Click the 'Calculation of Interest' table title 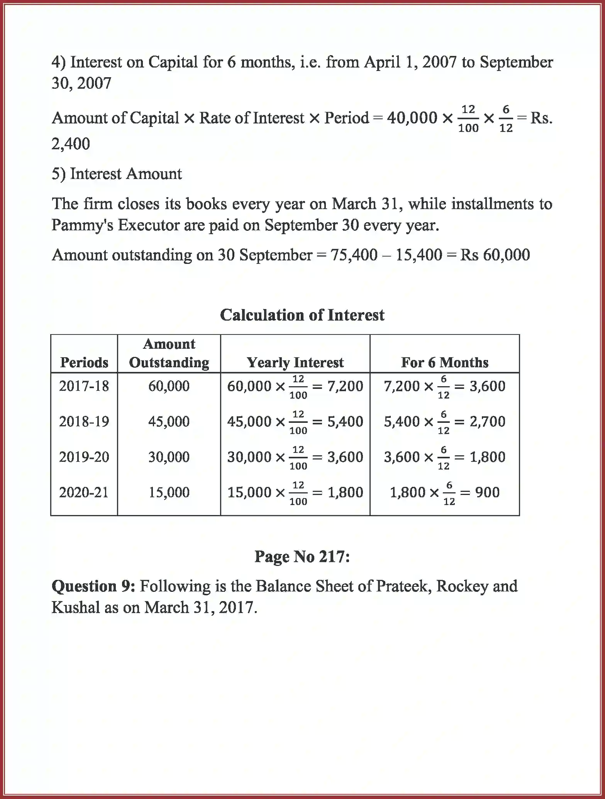click(302, 315)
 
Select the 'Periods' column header click(84, 362)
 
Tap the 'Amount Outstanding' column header click(169, 353)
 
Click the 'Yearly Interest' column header click(295, 362)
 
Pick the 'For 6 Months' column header click(444, 362)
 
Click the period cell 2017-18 click(84, 386)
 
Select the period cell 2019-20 click(84, 457)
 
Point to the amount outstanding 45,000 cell click(169, 421)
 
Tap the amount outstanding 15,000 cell click(169, 492)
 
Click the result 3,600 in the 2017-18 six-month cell click(487, 386)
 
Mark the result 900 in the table click(487, 492)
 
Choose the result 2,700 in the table click(487, 421)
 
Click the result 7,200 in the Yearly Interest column click(345, 386)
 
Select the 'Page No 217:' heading click(302, 556)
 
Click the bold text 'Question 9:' click(93, 586)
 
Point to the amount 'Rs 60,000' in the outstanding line click(495, 255)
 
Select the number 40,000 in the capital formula click(412, 118)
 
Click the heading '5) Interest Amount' click(117, 174)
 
